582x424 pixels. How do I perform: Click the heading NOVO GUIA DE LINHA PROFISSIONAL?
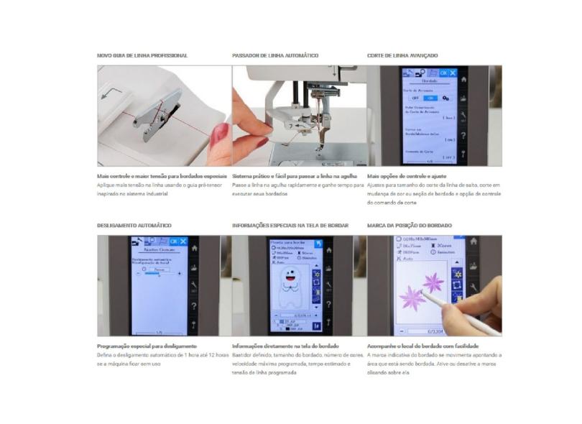point(142,55)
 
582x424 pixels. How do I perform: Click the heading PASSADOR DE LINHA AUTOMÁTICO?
point(275,55)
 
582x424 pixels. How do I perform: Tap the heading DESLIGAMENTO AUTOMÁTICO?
point(134,225)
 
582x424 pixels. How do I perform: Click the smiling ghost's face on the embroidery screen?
point(292,276)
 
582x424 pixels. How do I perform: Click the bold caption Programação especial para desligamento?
point(147,346)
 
